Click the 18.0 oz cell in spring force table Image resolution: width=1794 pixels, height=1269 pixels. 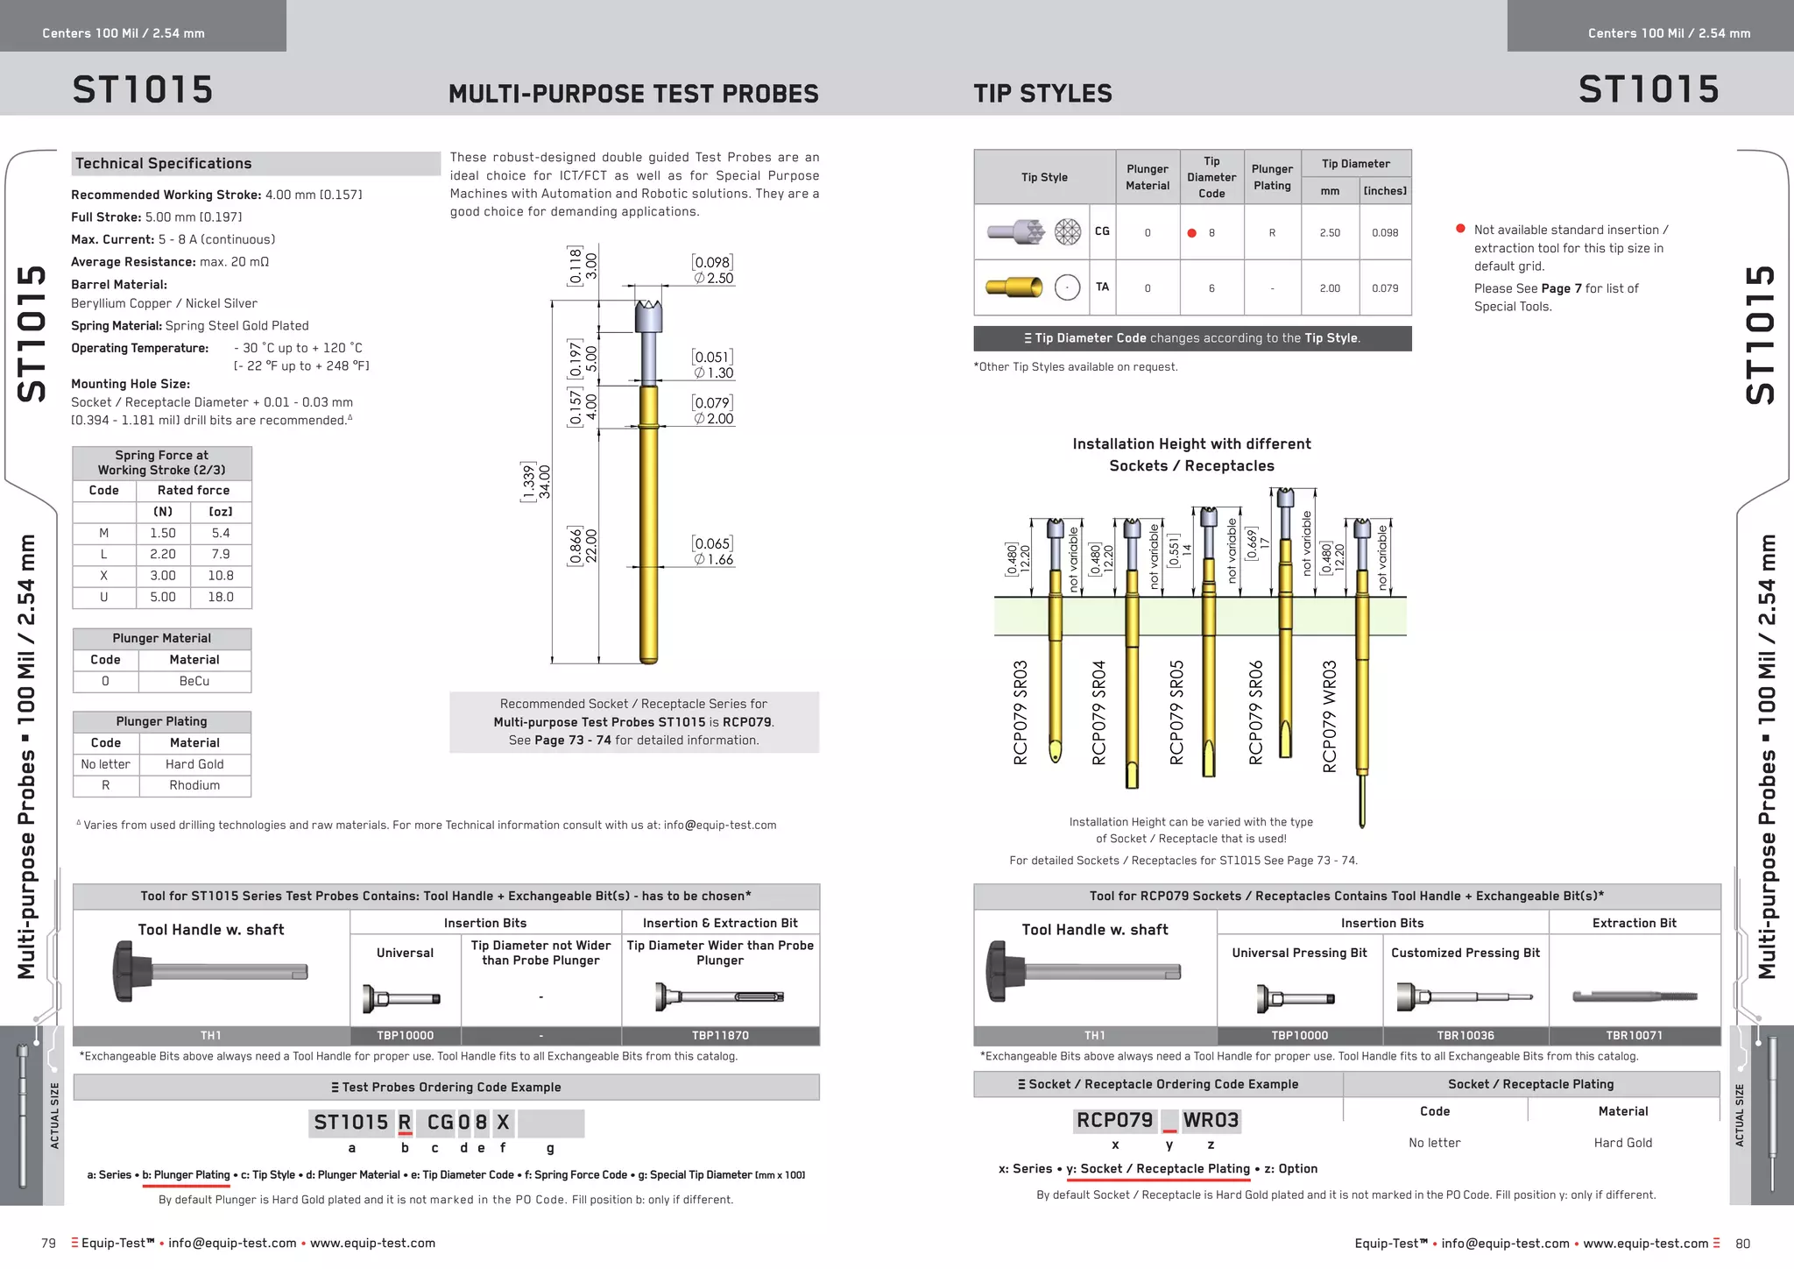click(x=221, y=597)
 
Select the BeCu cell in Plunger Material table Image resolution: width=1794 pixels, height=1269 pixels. click(x=194, y=681)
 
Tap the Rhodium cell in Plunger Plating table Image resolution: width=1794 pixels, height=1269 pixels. click(x=194, y=785)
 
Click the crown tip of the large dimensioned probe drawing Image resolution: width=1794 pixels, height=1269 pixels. click(x=648, y=308)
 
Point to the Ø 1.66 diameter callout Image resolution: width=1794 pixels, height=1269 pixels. click(x=714, y=559)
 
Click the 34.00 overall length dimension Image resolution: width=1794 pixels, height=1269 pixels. click(x=545, y=481)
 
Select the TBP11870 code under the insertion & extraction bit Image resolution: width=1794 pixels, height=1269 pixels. click(x=720, y=1035)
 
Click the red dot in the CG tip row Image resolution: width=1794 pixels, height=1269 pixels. click(x=1191, y=233)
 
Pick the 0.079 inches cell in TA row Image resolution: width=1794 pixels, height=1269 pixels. click(x=1385, y=287)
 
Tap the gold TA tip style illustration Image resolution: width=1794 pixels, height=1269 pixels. click(x=1014, y=287)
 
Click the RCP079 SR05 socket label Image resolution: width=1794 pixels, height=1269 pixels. click(x=1177, y=712)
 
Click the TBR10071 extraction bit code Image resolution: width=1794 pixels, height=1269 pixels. click(x=1634, y=1035)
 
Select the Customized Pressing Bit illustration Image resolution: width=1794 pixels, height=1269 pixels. click(x=1464, y=997)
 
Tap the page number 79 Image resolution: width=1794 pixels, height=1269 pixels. click(x=49, y=1243)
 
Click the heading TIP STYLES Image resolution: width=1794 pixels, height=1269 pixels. click(x=1042, y=93)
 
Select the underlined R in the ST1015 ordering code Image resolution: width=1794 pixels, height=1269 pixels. click(x=405, y=1122)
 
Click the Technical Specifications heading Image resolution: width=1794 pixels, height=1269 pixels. click(x=164, y=163)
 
